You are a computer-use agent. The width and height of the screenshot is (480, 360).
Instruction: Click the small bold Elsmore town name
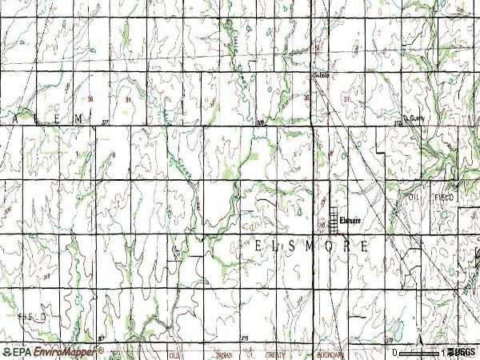[x=350, y=220]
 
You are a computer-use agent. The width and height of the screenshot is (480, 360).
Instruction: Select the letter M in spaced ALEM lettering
[x=78, y=118]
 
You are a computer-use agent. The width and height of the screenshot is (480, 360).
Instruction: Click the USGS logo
[x=462, y=352]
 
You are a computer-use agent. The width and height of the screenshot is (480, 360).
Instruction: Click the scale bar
[x=421, y=352]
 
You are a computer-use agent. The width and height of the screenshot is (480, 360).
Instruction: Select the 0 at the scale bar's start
[x=394, y=352]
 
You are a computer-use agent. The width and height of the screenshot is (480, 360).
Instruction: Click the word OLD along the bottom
[x=173, y=354]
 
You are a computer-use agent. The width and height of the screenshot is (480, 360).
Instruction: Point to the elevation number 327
[x=108, y=122]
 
